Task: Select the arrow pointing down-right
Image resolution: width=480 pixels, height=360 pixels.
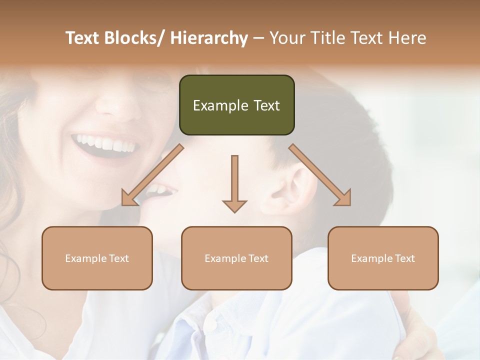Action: (x=320, y=175)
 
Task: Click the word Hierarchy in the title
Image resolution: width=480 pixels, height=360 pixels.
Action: (x=208, y=38)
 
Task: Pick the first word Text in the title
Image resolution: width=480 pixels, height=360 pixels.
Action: (x=83, y=38)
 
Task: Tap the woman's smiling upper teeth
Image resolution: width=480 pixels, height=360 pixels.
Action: (x=105, y=142)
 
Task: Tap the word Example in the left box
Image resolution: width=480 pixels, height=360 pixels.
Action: (x=85, y=258)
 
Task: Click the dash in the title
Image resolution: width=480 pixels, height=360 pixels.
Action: (x=258, y=38)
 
